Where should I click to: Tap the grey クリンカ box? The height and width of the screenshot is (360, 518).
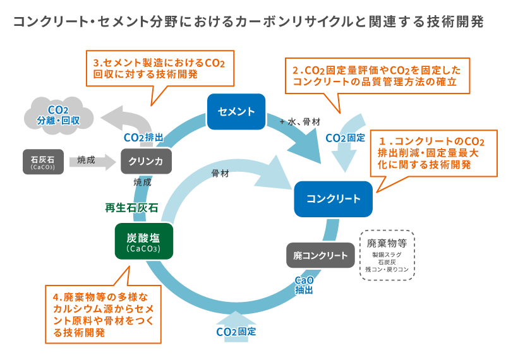pyautogui.click(x=146, y=161)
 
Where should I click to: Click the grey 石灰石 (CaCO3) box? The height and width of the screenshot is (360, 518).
pyautogui.click(x=42, y=161)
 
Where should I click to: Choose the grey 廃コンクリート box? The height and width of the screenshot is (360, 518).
pyautogui.click(x=320, y=255)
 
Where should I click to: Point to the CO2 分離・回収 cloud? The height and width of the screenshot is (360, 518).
pyautogui.click(x=58, y=114)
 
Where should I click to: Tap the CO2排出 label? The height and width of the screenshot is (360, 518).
pyautogui.click(x=143, y=137)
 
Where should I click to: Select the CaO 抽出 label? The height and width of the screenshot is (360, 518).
pyautogui.click(x=304, y=285)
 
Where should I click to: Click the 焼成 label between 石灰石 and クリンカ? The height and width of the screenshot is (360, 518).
pyautogui.click(x=86, y=160)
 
